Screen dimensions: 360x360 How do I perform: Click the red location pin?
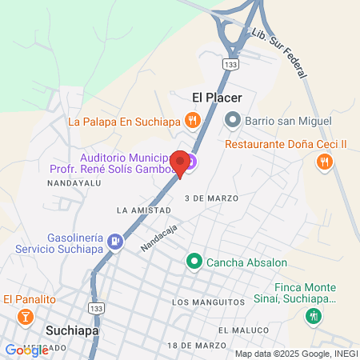point(181,162)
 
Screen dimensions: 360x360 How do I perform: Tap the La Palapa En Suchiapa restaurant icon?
point(192,122)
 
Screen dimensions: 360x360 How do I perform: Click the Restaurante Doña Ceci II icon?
point(324,162)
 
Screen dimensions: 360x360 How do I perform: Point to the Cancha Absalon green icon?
point(193,262)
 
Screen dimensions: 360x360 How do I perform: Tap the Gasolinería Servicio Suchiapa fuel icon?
point(116,240)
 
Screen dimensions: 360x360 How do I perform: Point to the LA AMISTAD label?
point(144,210)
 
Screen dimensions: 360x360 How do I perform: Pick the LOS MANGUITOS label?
point(207,302)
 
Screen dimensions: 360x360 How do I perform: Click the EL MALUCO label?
point(241,330)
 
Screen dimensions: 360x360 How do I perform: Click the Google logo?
point(27,350)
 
